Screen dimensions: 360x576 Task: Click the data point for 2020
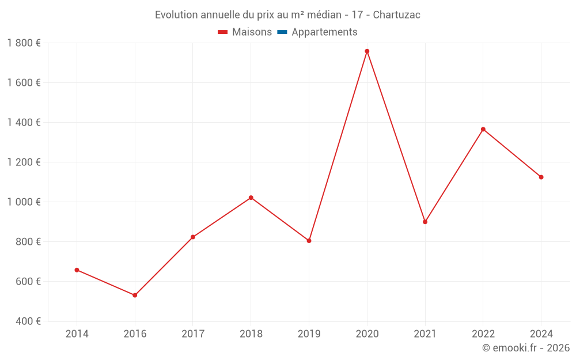click(367, 51)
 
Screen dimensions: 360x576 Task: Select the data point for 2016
click(135, 295)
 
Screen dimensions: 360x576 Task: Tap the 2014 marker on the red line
click(77, 270)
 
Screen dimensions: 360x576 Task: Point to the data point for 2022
click(483, 129)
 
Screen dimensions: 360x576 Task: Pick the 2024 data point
click(541, 177)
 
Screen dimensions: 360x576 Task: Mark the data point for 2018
click(251, 198)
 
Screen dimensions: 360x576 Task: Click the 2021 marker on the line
click(425, 222)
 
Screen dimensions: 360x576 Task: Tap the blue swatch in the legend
click(282, 32)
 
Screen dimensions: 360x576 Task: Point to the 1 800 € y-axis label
click(24, 43)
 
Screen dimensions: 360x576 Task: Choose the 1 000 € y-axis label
click(24, 202)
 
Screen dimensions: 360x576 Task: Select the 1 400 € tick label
click(24, 123)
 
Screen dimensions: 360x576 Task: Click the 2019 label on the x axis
click(309, 334)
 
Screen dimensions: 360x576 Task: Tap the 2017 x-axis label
click(193, 334)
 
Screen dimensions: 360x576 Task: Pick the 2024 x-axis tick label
click(541, 334)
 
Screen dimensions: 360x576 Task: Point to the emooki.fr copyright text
click(526, 348)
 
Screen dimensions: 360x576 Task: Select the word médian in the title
click(325, 15)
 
